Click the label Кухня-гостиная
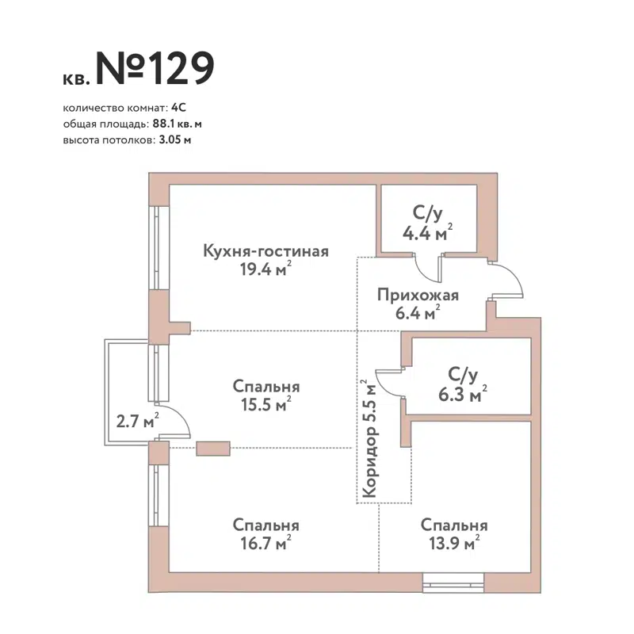265,251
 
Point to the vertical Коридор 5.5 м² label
368,439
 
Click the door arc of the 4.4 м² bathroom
428,270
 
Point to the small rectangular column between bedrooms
212,449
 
